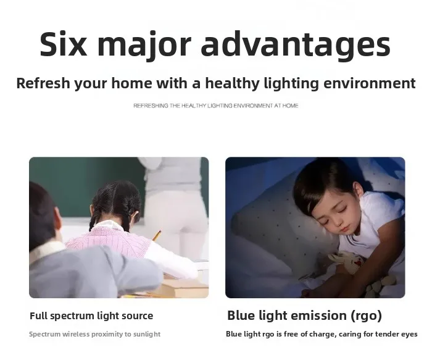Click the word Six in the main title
(64, 44)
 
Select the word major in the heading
(144, 46)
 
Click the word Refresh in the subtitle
(43, 83)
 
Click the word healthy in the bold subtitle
(233, 83)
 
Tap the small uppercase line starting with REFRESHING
(215, 106)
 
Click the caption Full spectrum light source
(91, 316)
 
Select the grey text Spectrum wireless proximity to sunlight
(95, 334)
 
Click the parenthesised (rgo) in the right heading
(367, 316)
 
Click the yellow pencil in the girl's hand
(157, 235)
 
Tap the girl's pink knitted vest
(109, 241)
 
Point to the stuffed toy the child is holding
(348, 262)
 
